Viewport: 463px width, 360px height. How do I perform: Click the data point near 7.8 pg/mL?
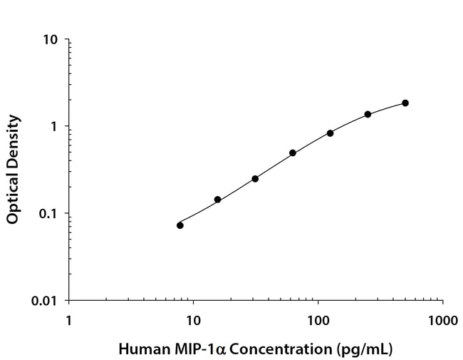point(180,225)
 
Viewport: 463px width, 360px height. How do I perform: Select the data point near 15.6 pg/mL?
point(217,200)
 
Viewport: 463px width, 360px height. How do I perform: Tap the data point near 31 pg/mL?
point(255,178)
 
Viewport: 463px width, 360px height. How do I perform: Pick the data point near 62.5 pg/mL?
point(293,153)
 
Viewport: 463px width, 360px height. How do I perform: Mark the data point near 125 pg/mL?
point(331,133)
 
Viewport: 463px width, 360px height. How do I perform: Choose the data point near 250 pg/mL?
point(368,114)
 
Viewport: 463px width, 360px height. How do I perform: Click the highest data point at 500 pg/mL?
point(405,103)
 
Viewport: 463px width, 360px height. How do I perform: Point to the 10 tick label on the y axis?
point(51,39)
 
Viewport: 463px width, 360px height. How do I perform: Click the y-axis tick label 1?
point(55,127)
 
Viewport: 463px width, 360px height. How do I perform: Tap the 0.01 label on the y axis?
point(44,301)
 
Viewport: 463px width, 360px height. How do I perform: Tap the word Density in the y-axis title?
point(13,141)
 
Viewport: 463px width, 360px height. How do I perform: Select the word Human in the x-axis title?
point(138,349)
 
